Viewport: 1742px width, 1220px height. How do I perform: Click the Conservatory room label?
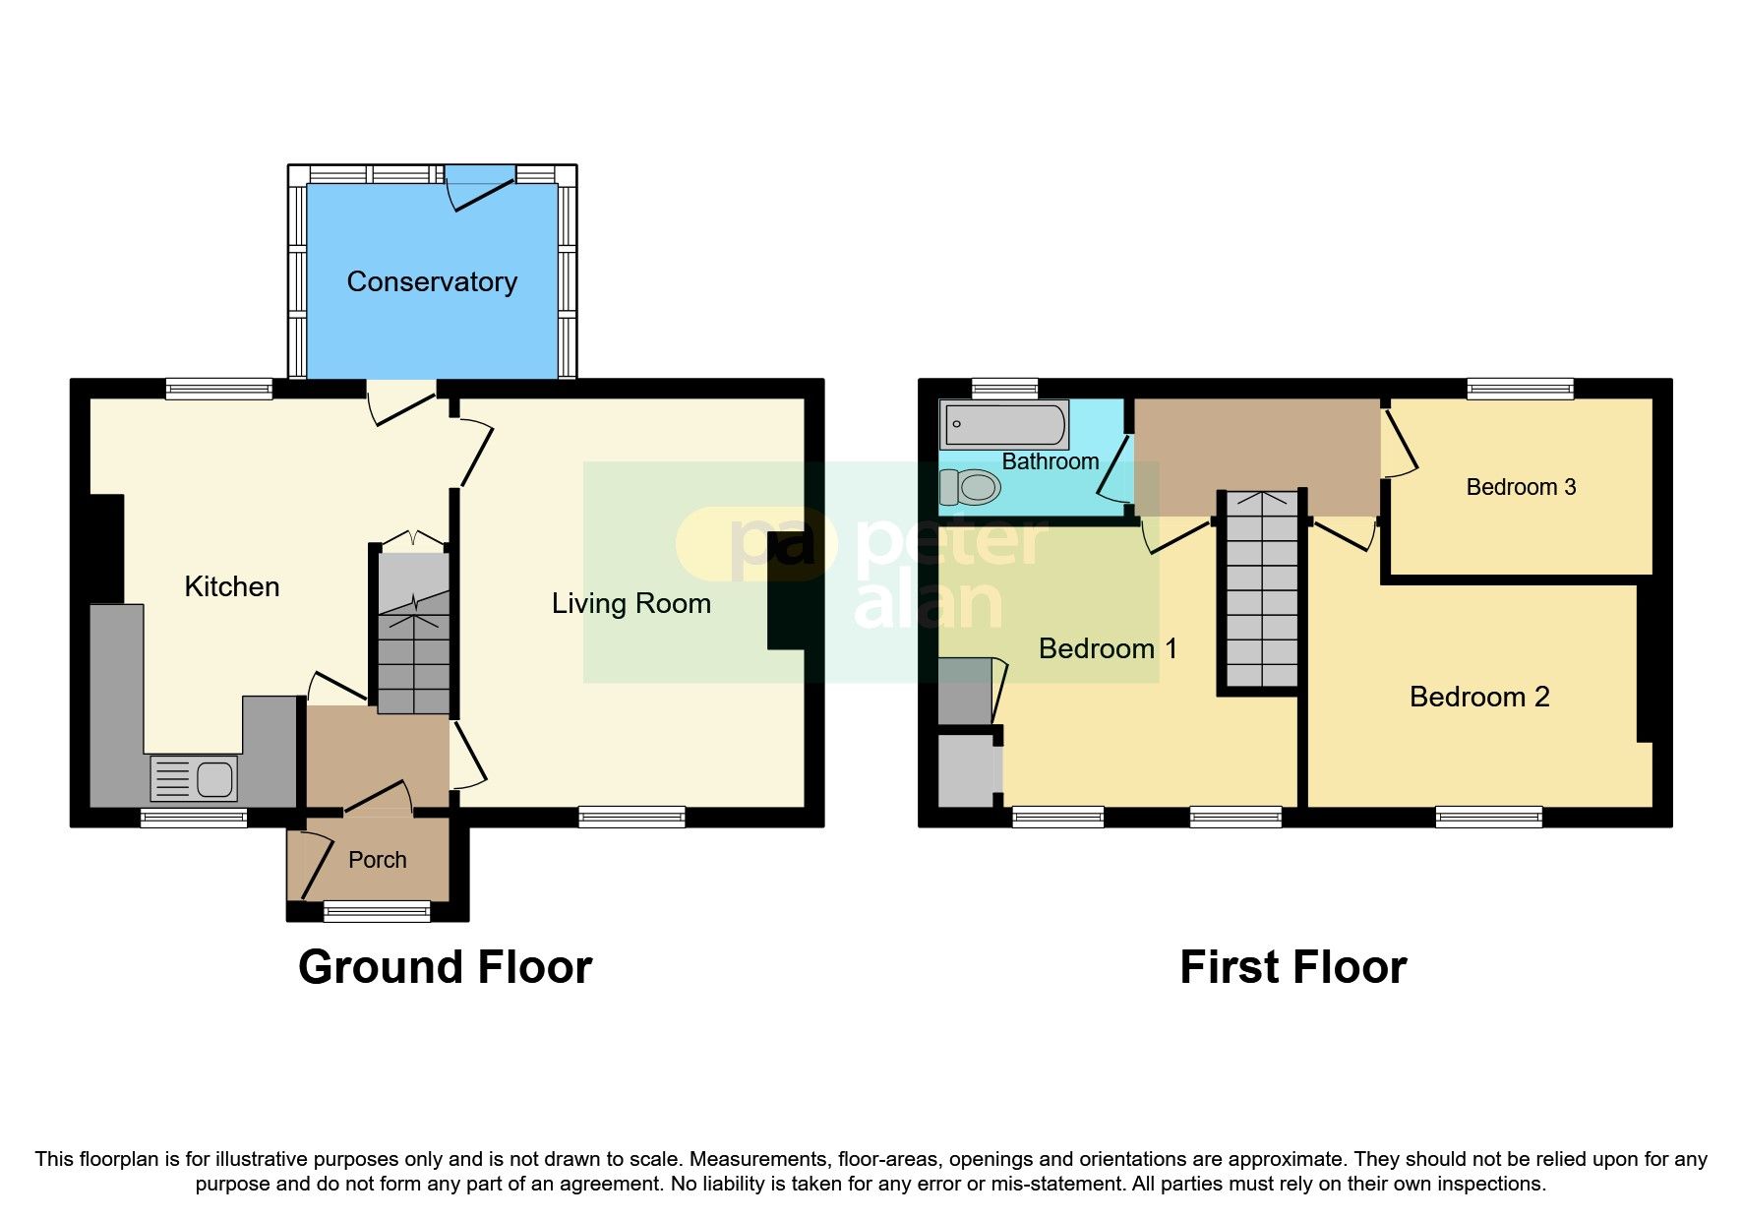pyautogui.click(x=432, y=282)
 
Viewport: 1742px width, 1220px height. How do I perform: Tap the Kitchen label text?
pyautogui.click(x=232, y=587)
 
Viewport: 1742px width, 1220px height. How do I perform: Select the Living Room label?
pyautogui.click(x=631, y=603)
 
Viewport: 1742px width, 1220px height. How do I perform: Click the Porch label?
pyautogui.click(x=377, y=860)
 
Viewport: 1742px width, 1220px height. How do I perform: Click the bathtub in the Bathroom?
pyautogui.click(x=1004, y=425)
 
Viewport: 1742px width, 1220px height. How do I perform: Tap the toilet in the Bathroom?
pyautogui.click(x=971, y=487)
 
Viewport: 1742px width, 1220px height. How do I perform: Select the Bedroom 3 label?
pyautogui.click(x=1521, y=487)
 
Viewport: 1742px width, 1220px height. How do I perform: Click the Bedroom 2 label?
pyautogui.click(x=1478, y=697)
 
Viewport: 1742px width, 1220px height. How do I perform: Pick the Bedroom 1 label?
pyautogui.click(x=1107, y=648)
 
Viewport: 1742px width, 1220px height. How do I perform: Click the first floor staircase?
pyautogui.click(x=1261, y=590)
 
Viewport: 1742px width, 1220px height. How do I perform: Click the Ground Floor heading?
pyautogui.click(x=445, y=967)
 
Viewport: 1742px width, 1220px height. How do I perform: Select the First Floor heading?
pyautogui.click(x=1292, y=967)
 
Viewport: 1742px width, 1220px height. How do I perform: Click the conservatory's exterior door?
pyautogui.click(x=480, y=187)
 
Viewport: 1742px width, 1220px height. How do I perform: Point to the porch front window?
pyautogui.click(x=377, y=912)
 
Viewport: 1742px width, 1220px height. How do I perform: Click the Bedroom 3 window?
pyautogui.click(x=1520, y=389)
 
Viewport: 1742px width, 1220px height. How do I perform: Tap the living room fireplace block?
pyautogui.click(x=787, y=590)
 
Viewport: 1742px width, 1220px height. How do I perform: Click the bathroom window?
pyautogui.click(x=1004, y=388)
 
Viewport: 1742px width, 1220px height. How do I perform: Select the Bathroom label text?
pyautogui.click(x=1050, y=461)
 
